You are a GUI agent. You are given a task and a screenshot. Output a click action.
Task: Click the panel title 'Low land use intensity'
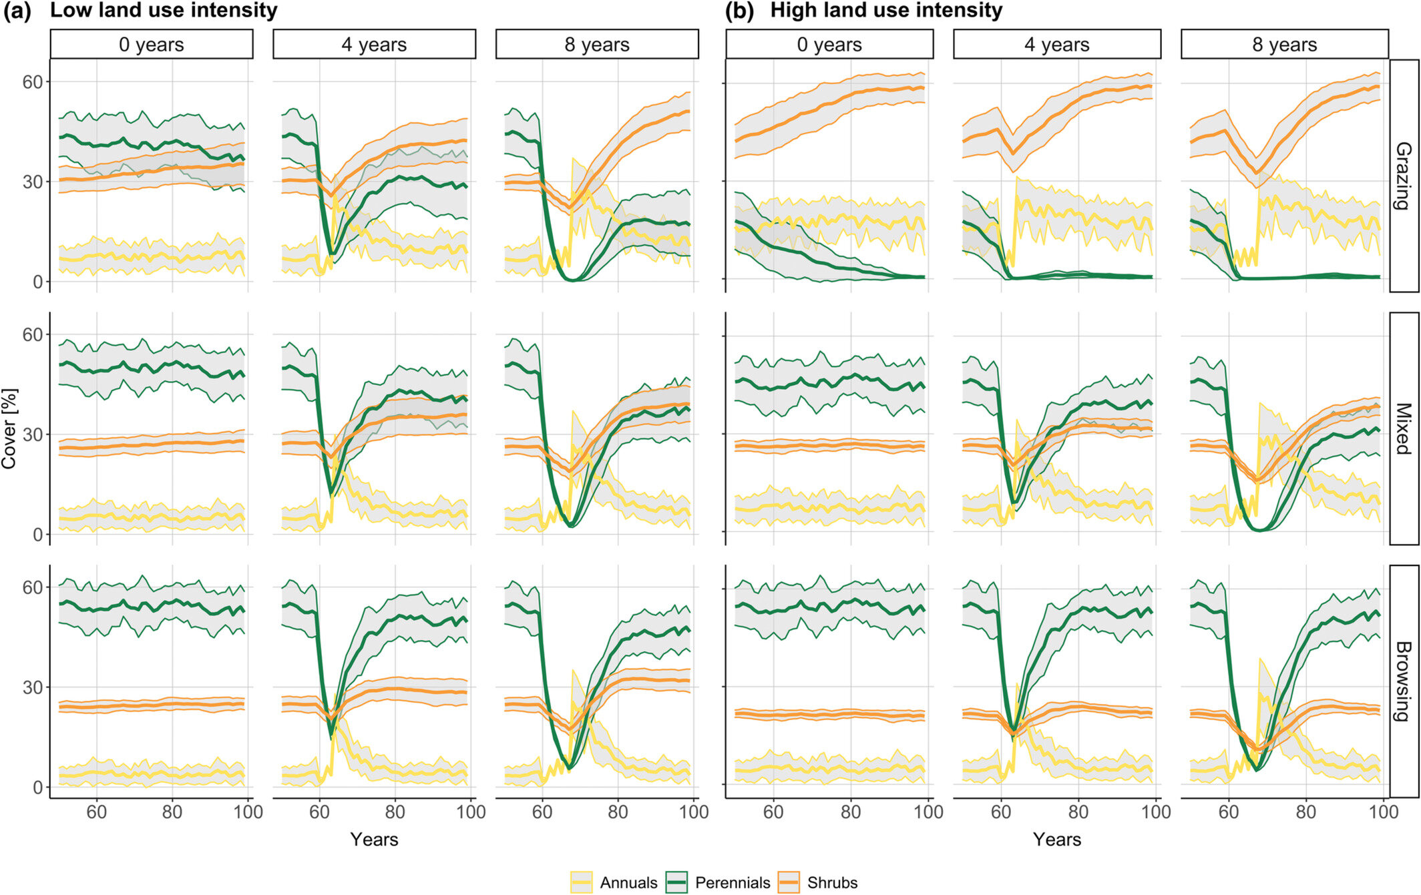point(164,11)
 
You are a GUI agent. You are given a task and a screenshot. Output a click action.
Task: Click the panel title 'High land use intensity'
point(886,11)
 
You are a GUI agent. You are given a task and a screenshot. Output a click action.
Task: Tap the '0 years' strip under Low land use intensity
point(152,45)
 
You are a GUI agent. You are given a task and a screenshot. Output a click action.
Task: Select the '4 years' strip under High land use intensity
point(1057,45)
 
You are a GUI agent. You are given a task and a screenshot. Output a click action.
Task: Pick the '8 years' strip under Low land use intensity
point(597,45)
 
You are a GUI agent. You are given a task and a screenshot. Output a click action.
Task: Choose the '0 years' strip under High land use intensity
point(829,45)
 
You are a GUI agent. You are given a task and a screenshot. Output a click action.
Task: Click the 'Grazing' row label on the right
point(1404,176)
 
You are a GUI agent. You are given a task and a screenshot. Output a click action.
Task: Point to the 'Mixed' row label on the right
point(1404,428)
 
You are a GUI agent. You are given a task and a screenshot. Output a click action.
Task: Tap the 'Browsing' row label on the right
point(1404,681)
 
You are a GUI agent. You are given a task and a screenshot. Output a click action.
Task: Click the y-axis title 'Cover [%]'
point(9,428)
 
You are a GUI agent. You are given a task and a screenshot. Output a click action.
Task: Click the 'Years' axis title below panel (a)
point(374,840)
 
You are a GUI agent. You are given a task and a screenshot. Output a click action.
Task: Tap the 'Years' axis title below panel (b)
point(1057,840)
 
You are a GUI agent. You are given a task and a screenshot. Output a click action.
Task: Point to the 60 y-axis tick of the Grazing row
point(32,82)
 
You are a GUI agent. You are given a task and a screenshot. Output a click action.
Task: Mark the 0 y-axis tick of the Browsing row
point(37,788)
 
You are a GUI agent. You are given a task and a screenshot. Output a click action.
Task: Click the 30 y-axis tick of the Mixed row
point(32,434)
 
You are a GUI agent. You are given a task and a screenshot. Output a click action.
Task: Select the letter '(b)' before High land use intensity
point(739,11)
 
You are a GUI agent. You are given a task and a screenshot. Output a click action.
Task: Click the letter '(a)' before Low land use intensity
point(17,11)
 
